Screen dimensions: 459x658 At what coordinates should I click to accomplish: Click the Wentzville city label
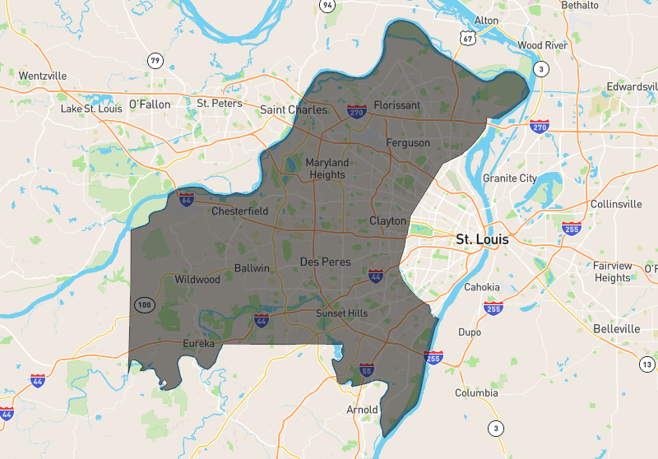(x=42, y=76)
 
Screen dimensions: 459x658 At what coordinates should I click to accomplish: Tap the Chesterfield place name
(x=240, y=211)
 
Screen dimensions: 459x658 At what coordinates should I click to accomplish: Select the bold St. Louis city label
(x=482, y=240)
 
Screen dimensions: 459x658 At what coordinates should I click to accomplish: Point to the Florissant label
(x=396, y=105)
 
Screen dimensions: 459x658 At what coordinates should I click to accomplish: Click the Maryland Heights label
(x=327, y=169)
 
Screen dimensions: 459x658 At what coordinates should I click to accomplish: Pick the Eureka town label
(x=198, y=343)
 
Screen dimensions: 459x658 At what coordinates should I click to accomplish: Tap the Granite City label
(x=509, y=178)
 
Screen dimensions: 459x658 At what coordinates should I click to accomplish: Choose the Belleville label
(x=616, y=329)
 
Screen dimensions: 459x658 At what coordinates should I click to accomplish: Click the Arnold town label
(x=362, y=409)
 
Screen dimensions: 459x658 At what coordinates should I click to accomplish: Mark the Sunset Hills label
(x=342, y=313)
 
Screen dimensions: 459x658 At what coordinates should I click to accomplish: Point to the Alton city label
(x=487, y=21)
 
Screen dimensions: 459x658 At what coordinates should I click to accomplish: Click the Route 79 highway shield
(x=155, y=60)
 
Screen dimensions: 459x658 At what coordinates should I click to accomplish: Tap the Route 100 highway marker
(x=144, y=305)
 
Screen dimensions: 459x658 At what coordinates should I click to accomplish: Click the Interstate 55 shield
(x=367, y=371)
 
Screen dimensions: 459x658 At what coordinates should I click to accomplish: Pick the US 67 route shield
(x=466, y=38)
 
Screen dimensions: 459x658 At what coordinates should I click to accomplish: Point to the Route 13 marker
(x=647, y=364)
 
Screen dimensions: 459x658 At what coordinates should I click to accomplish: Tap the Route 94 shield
(x=327, y=5)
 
